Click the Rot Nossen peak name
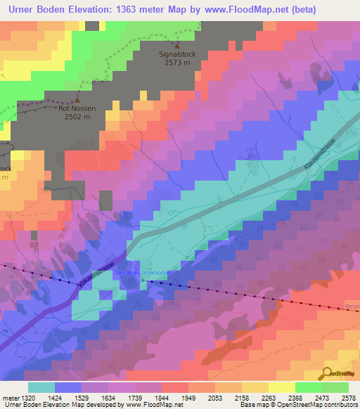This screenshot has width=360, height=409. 77,109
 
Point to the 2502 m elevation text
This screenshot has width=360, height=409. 77,117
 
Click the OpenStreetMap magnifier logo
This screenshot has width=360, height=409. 326,372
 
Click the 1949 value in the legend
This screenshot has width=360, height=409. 188,397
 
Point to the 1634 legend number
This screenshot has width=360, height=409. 108,397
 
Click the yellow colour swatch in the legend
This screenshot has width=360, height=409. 281,387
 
